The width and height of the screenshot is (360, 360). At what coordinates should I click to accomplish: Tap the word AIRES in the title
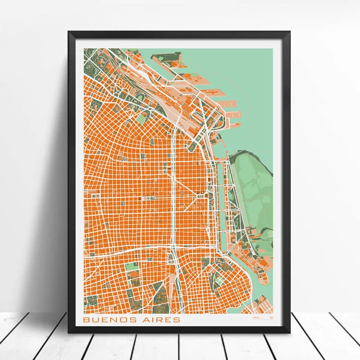tap(161, 319)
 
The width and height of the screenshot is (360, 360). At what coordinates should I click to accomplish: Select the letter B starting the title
tap(86, 319)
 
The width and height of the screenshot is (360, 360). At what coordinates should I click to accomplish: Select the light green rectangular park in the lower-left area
tap(132, 266)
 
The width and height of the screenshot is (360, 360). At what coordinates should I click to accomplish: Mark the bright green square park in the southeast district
tap(219, 279)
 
